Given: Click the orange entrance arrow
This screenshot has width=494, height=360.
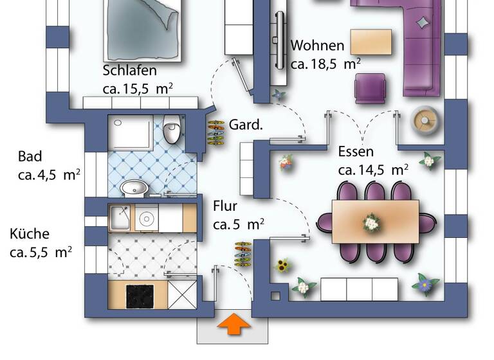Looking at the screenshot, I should [233, 324].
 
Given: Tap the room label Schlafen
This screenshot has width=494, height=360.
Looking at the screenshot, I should [129, 70].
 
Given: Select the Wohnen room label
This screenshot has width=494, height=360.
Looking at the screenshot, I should [317, 46].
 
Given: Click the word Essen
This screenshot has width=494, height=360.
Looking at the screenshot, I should [356, 152].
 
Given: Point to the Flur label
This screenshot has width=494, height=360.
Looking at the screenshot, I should [225, 206].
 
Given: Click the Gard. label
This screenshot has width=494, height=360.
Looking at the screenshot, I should [246, 125].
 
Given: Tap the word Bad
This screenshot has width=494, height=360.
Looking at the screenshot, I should [30, 156].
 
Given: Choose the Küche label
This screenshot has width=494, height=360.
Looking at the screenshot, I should [29, 234].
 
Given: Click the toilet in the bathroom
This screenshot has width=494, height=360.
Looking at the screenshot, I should [171, 130].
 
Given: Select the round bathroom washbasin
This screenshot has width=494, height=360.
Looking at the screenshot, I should [134, 188].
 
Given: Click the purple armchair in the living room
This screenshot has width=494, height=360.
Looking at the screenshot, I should [370, 88].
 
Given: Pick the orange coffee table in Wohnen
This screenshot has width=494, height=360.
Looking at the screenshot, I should [370, 42].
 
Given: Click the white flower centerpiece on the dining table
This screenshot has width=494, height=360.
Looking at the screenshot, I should [371, 222].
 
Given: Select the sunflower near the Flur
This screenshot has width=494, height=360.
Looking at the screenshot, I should [281, 264].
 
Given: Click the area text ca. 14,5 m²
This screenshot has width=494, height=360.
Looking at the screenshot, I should [373, 170].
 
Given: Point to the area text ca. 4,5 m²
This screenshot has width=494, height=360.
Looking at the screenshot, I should [49, 175].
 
